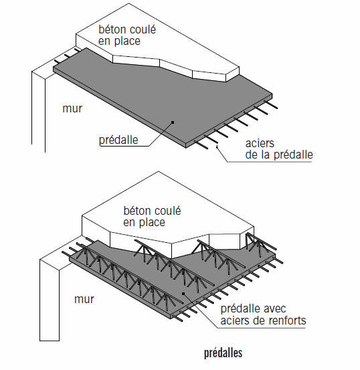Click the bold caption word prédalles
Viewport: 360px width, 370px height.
223,353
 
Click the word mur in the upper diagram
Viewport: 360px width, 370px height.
72,109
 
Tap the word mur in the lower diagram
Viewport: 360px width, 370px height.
84,300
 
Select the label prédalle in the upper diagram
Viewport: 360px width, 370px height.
118,140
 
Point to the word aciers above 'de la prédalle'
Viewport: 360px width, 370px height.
260,143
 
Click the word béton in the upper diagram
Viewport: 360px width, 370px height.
112,29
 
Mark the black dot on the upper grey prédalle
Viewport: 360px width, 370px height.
173,122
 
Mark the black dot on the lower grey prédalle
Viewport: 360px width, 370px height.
183,294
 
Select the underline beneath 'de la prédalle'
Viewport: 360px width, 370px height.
270,162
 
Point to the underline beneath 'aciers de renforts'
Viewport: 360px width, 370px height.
261,328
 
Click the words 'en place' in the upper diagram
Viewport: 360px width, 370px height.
119,41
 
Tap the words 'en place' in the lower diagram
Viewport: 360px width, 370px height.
144,223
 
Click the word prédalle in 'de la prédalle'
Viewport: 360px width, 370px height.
293,155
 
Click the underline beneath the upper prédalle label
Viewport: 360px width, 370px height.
124,147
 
